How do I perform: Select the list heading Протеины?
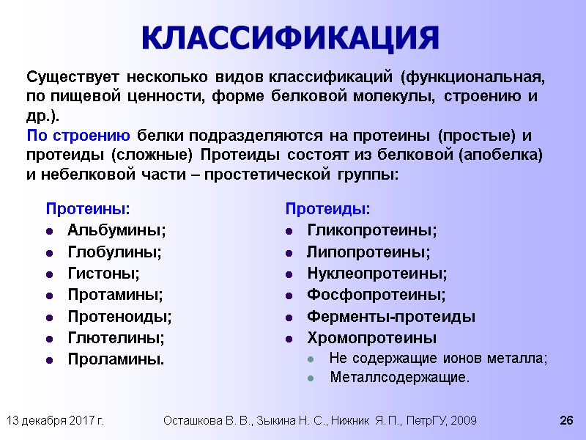[89, 209]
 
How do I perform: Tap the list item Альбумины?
[116, 231]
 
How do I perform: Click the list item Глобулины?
[115, 252]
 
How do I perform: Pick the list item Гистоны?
[103, 274]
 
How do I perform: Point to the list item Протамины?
[116, 296]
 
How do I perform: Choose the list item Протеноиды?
[119, 317]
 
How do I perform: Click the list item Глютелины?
[116, 338]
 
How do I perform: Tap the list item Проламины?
[116, 359]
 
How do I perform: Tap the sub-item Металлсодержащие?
[399, 378]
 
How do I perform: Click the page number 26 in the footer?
[565, 420]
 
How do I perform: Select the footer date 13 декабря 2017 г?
[54, 420]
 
